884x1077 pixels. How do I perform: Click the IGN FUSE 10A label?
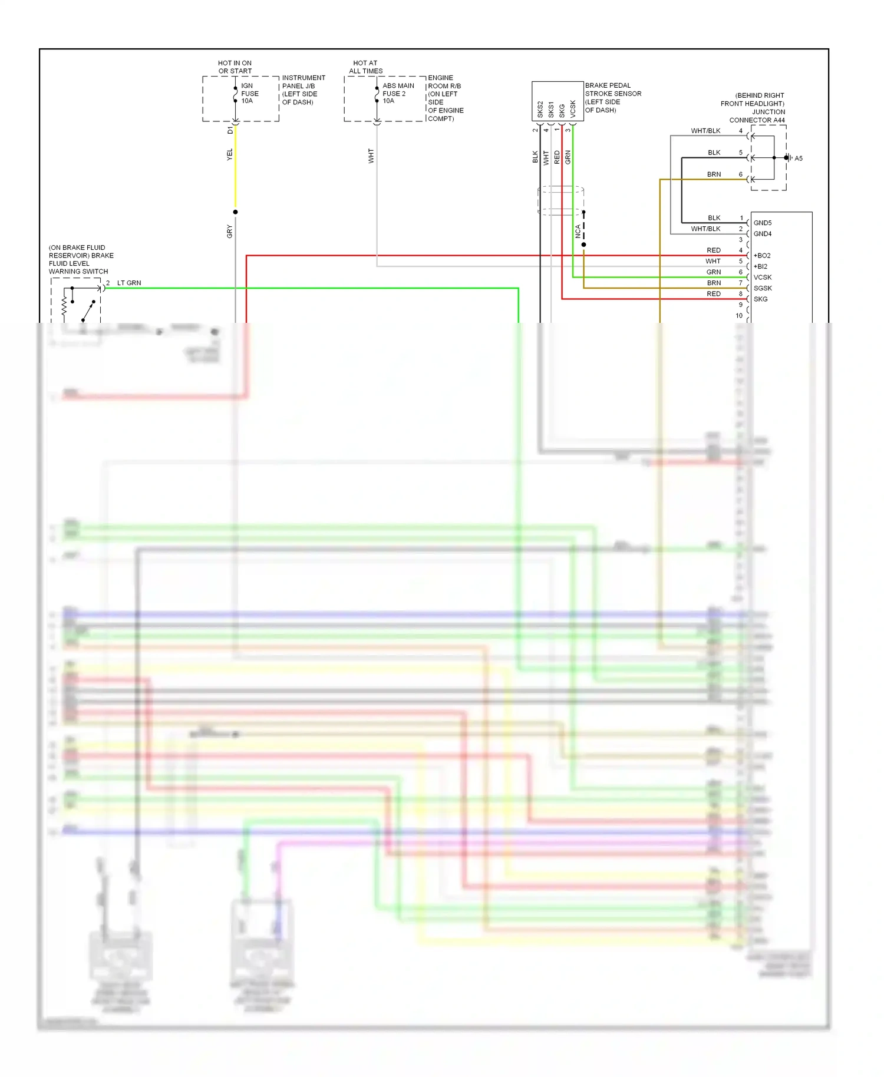pos(249,93)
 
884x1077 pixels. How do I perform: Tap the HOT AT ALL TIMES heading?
pos(365,67)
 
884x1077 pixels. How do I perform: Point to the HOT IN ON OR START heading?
pos(235,67)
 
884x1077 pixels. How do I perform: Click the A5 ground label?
pos(798,158)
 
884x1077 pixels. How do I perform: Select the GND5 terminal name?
pos(762,223)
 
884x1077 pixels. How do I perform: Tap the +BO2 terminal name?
pos(761,256)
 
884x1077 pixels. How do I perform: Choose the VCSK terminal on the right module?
pos(762,277)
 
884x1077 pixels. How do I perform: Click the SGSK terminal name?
pos(762,288)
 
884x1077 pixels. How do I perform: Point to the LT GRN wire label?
pos(129,283)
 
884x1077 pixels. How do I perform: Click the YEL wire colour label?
pos(230,154)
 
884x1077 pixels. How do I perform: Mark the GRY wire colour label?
pos(230,232)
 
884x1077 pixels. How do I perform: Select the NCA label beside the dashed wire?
pos(578,231)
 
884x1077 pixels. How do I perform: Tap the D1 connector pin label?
pos(230,130)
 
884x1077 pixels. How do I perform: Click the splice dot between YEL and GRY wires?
pos(235,212)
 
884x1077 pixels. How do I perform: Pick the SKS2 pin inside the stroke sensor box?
pos(540,109)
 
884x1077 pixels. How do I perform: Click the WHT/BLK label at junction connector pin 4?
pos(705,131)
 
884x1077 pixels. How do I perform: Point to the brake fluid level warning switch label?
pos(81,259)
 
